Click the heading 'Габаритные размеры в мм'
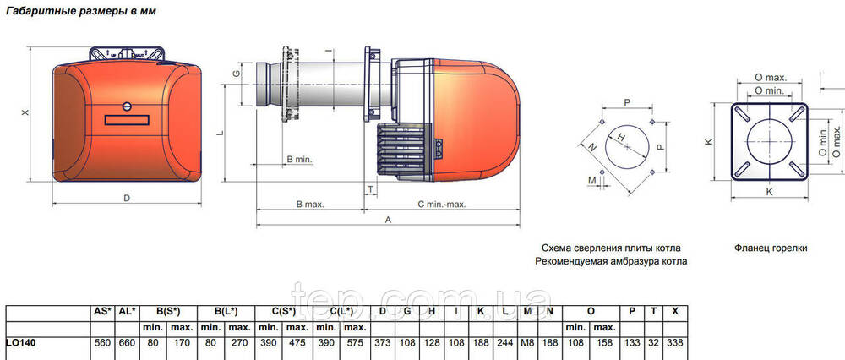(x=81, y=11)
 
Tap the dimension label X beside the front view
(x=25, y=113)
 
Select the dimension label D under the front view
(x=127, y=198)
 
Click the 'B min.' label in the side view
(x=299, y=160)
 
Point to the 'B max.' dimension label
(x=310, y=205)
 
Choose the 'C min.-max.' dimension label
(x=442, y=205)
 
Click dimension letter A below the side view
(x=388, y=220)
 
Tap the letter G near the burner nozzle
(x=236, y=74)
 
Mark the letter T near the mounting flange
(x=371, y=188)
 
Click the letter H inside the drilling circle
(x=621, y=139)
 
